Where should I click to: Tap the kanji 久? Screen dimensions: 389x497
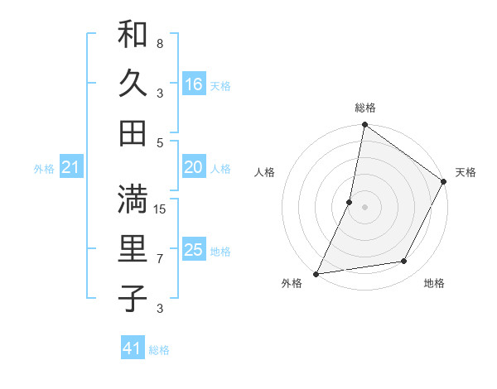[x=133, y=83]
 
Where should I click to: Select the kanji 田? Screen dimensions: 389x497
[x=133, y=132]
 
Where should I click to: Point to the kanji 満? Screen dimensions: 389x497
[x=133, y=199]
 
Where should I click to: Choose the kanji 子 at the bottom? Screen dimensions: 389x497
[x=133, y=297]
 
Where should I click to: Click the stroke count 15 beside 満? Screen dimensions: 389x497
[x=161, y=209]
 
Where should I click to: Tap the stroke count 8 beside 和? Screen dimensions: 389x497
[x=160, y=43]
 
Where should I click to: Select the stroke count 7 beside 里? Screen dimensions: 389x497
[x=160, y=258]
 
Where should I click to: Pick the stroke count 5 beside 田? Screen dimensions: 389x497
[x=160, y=142]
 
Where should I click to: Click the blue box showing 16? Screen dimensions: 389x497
[x=194, y=84]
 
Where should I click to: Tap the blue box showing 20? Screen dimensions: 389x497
[x=194, y=167]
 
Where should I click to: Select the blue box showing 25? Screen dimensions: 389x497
[x=194, y=250]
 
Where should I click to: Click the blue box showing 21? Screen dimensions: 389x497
[x=70, y=168]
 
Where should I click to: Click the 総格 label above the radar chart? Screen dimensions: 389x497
[x=364, y=108]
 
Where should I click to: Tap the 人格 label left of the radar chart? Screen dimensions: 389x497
[x=264, y=172]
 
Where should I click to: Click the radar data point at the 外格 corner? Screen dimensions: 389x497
[x=316, y=273]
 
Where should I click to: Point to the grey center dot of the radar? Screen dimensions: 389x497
[x=364, y=206]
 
